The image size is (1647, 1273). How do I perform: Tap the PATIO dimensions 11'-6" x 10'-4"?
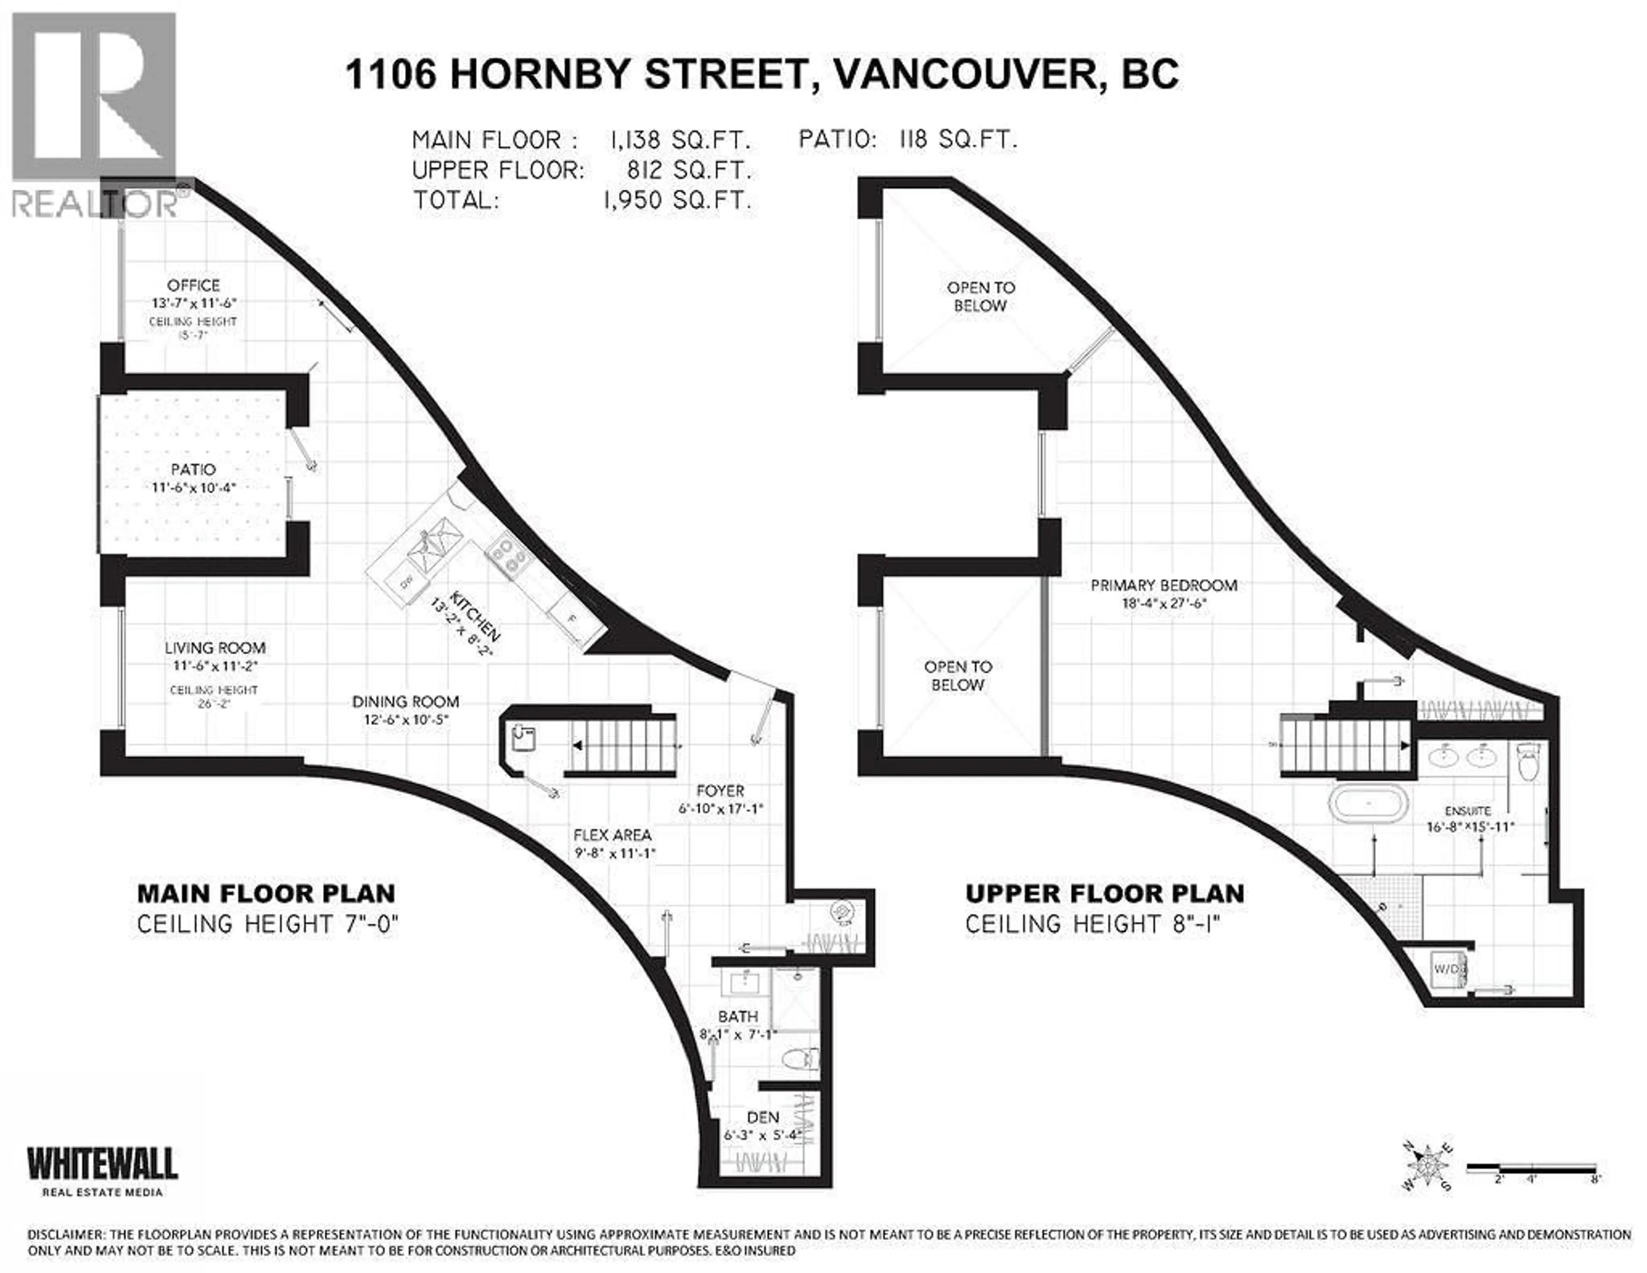coord(194,488)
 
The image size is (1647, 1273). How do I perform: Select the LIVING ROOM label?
coord(215,647)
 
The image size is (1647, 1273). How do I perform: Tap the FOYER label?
coord(720,791)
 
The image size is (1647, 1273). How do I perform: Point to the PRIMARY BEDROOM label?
coord(1164,585)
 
